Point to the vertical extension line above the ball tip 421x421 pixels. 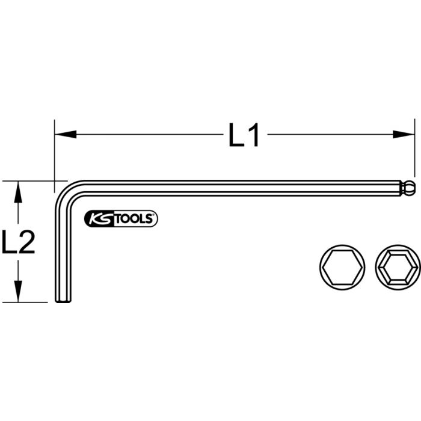coord(414,150)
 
